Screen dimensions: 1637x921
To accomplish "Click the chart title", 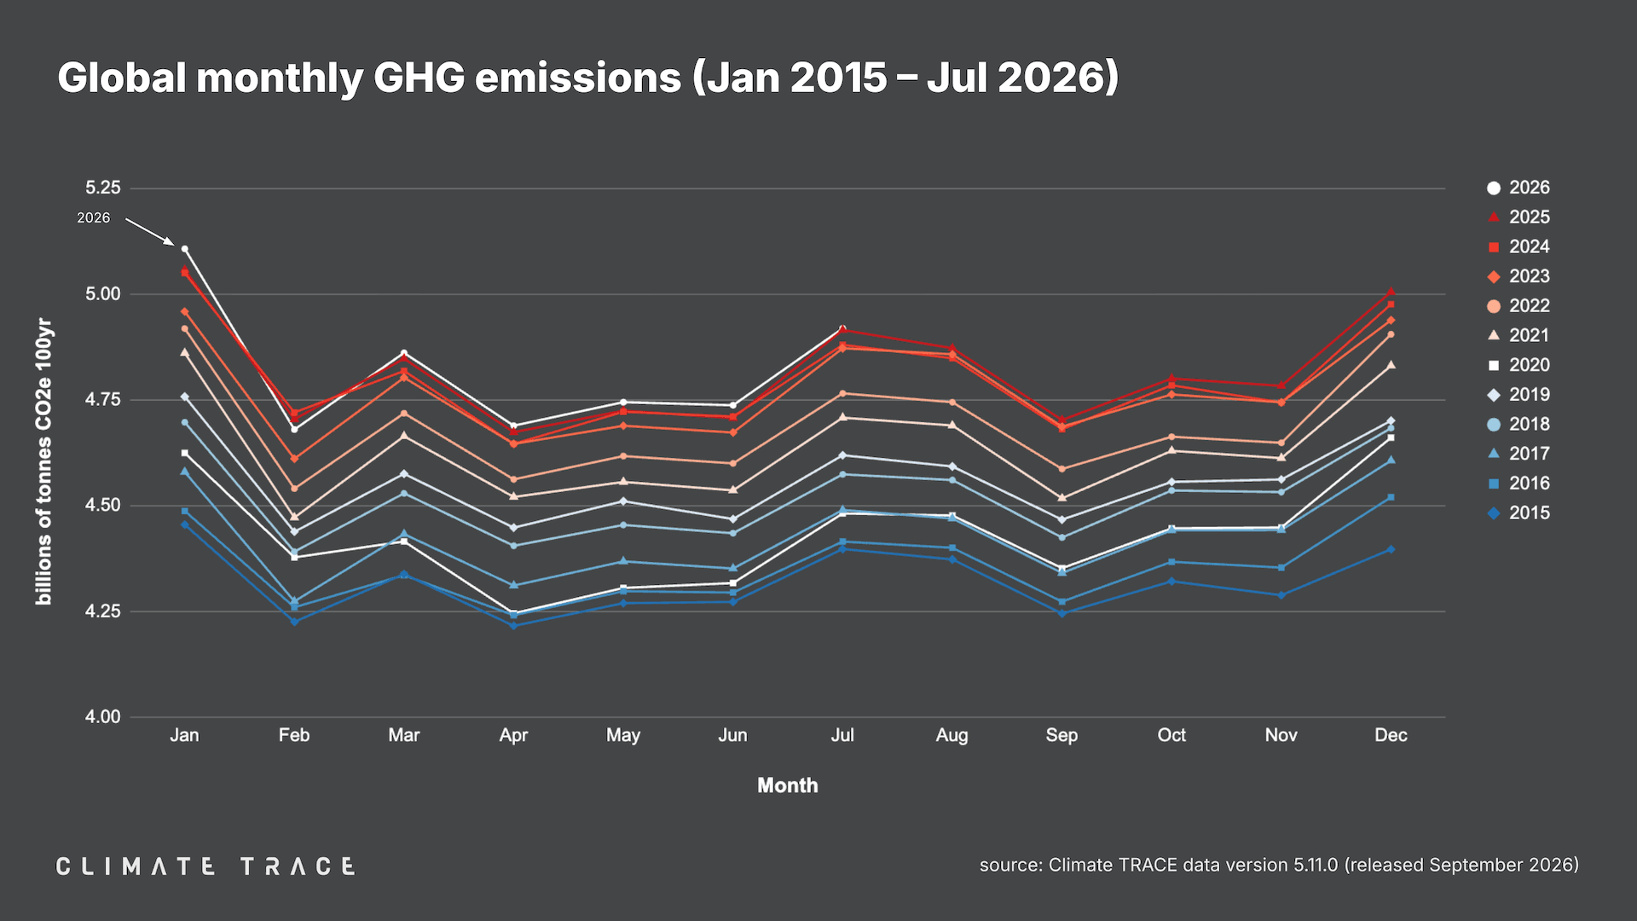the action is [587, 78].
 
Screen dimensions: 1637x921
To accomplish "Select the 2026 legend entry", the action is [1518, 188].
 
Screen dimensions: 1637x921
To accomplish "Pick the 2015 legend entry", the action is [1518, 513].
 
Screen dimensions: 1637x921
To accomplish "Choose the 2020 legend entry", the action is [1518, 365].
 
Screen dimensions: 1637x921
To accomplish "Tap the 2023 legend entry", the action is [1518, 276].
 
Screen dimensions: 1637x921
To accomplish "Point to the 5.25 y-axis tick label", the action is [103, 188].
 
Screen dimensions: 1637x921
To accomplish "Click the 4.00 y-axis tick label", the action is [103, 717].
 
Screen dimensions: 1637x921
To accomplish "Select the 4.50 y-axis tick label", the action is [103, 506].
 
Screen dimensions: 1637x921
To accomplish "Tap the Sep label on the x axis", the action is [1061, 736].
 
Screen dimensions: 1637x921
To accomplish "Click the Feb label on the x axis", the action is [294, 735].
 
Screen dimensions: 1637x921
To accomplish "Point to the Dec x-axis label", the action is [1391, 735].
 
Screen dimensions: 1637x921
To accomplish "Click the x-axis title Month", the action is [788, 785].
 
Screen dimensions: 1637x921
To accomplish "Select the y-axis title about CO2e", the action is [43, 461].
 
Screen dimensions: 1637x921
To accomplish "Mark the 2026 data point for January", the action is [185, 249].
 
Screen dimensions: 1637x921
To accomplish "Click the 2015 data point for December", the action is [1391, 550].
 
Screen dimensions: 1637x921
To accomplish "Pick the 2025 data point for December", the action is [1391, 292].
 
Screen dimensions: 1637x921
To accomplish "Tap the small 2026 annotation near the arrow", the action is [94, 218].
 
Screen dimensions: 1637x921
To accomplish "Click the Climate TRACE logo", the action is [205, 866].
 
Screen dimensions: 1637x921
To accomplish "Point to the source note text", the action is [1279, 865].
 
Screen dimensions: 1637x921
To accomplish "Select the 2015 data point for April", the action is [513, 626].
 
